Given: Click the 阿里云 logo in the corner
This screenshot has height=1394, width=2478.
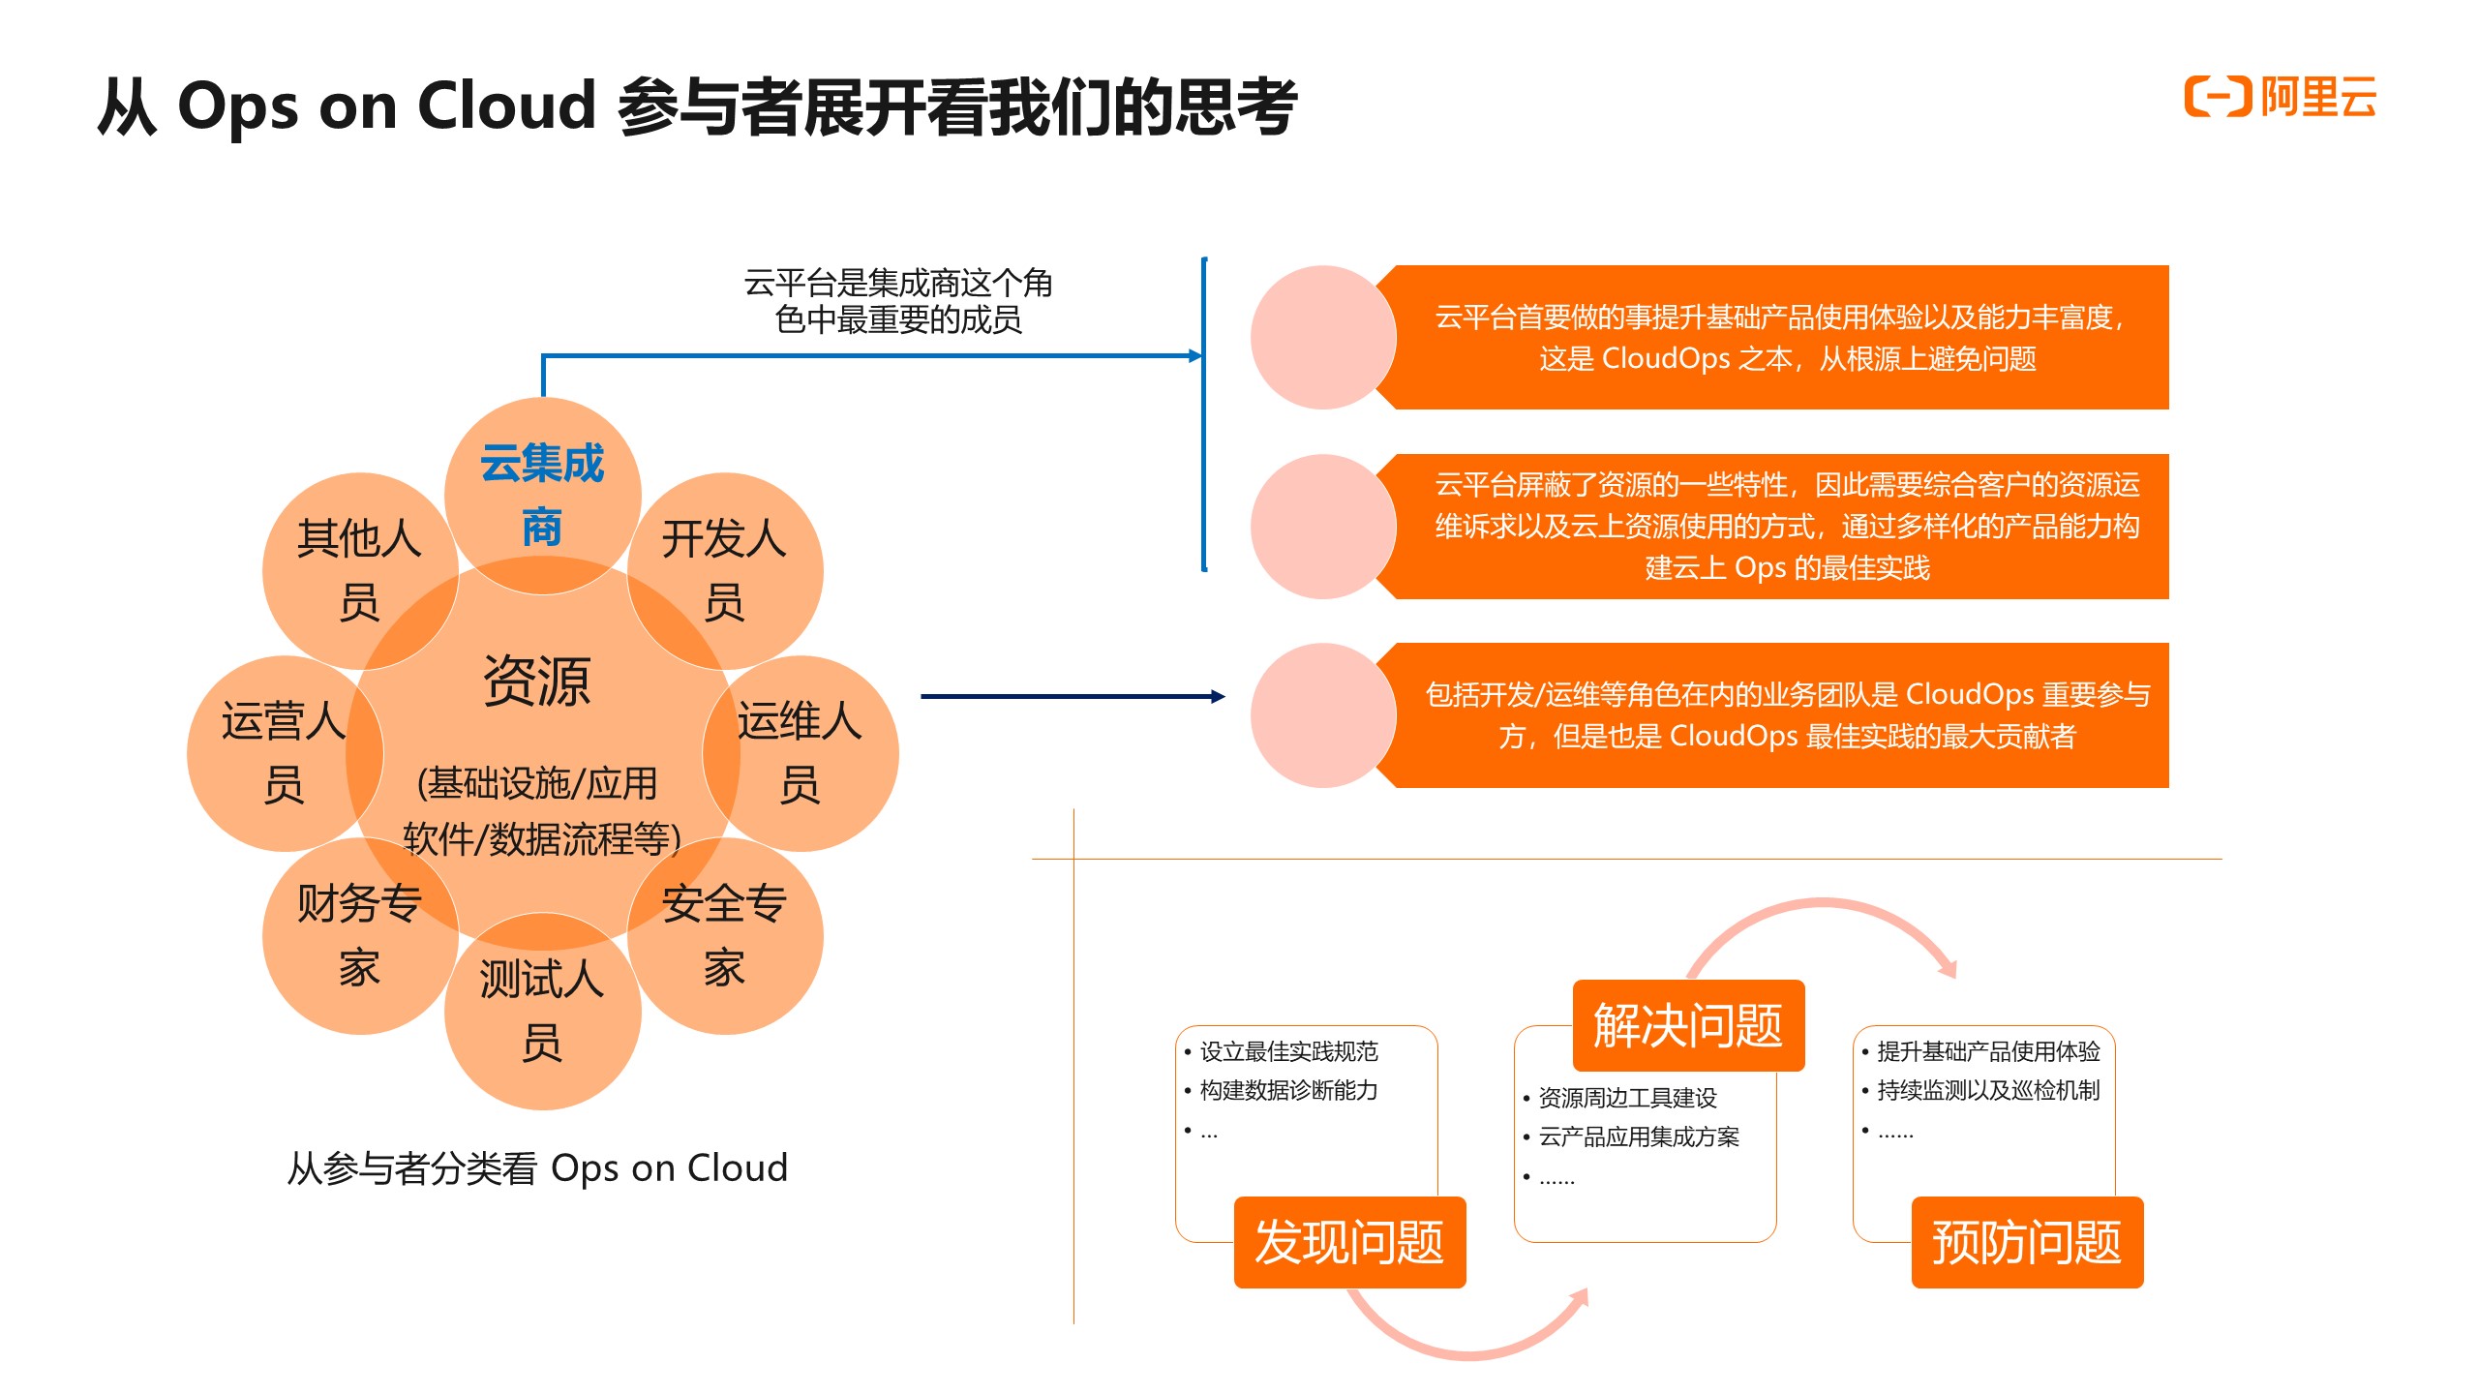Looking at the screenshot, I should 2280,97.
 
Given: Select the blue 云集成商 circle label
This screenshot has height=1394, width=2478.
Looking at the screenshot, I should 542,495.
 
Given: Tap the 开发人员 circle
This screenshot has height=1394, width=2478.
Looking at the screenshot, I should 724,570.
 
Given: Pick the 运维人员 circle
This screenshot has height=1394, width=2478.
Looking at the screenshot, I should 800,753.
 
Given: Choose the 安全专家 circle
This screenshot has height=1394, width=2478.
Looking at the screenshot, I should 724,935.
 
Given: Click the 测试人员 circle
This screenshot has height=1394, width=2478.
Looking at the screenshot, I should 542,1011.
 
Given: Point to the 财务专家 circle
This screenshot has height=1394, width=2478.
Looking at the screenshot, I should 359,935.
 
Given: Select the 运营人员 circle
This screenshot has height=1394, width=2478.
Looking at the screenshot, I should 284,753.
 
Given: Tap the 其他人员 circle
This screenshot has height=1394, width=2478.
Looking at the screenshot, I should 359,570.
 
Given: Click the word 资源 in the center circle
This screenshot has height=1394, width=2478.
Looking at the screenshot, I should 536,681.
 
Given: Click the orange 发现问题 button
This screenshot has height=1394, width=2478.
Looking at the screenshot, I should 1349,1242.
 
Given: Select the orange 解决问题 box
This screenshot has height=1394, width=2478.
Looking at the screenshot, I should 1688,1025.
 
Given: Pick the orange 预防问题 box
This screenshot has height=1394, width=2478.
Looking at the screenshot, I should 2027,1242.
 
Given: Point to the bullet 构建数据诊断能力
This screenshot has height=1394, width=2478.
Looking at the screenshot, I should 1288,1090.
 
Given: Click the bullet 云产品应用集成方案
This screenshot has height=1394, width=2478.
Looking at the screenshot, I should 1638,1136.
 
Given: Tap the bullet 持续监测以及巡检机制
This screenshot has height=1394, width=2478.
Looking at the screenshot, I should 1988,1090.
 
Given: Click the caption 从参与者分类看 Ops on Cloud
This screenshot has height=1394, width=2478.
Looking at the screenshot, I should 537,1168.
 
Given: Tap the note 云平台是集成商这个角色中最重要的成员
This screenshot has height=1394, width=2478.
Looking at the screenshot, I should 898,301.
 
